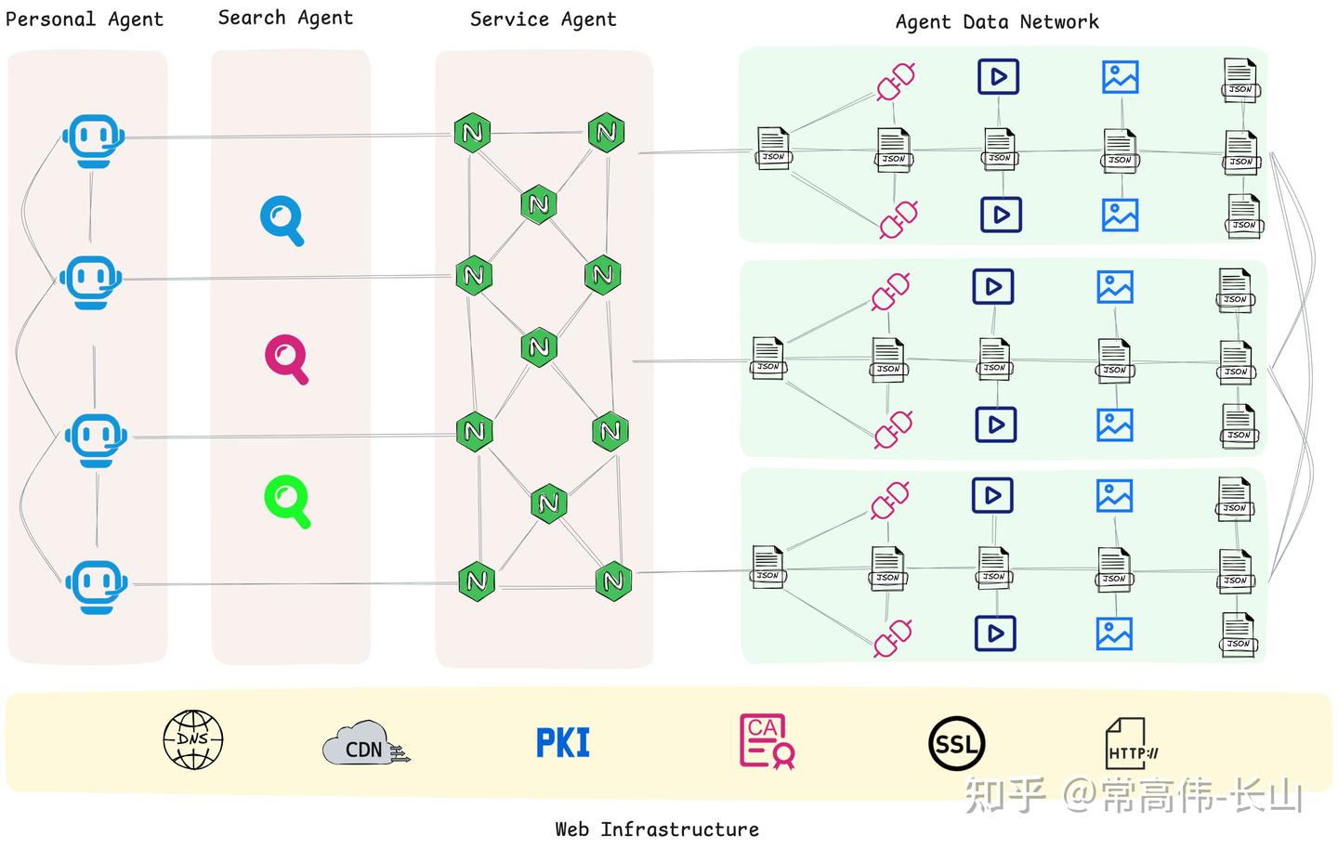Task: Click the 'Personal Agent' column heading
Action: [x=84, y=20]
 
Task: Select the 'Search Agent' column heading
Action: [x=285, y=18]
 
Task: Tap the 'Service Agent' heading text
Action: [x=543, y=20]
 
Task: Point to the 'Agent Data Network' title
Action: [x=996, y=21]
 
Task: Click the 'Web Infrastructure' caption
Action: [x=657, y=829]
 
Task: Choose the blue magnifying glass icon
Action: [x=282, y=220]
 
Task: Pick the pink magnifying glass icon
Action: [x=286, y=359]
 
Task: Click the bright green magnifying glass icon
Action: [x=287, y=501]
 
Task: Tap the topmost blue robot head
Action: [x=93, y=140]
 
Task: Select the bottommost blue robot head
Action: [x=96, y=586]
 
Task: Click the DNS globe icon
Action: [x=193, y=740]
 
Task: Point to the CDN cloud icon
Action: [x=365, y=743]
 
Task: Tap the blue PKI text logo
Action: [x=563, y=742]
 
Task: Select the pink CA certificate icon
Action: [x=766, y=741]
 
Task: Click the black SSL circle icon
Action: [x=956, y=744]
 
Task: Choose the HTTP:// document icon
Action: [x=1130, y=743]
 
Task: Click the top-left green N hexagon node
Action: [x=472, y=132]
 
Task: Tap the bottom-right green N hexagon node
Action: [x=613, y=581]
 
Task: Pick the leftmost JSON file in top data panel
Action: [x=773, y=149]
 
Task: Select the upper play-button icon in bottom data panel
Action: [x=992, y=495]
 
